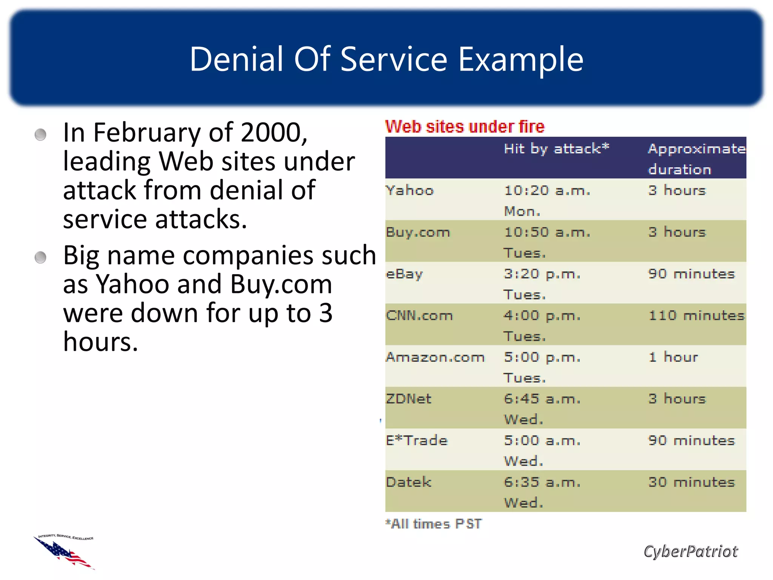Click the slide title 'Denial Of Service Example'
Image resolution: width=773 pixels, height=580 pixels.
pyautogui.click(x=386, y=59)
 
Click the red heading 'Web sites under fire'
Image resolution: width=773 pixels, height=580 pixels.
pyautogui.click(x=465, y=126)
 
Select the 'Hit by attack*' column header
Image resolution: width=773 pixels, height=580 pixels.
pyautogui.click(x=556, y=149)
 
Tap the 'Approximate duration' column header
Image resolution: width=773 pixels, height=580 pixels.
pyautogui.click(x=696, y=159)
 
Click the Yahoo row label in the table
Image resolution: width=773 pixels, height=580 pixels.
pyautogui.click(x=410, y=190)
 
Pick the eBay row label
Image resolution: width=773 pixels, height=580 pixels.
pyautogui.click(x=404, y=274)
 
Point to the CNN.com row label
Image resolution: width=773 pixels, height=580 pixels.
pyautogui.click(x=419, y=315)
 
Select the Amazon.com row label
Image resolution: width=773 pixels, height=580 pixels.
pyautogui.click(x=435, y=357)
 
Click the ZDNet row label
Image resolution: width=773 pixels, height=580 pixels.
pyautogui.click(x=408, y=399)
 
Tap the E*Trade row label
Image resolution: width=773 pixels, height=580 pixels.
pyautogui.click(x=417, y=441)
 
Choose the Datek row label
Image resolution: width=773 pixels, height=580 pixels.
pyautogui.click(x=408, y=482)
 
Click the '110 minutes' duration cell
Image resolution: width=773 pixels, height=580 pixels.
pyautogui.click(x=696, y=315)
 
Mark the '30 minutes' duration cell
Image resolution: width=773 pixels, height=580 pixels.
pyautogui.click(x=691, y=482)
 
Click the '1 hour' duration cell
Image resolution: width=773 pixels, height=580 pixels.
pyautogui.click(x=673, y=357)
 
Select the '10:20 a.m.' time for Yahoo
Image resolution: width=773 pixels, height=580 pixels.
pyautogui.click(x=547, y=190)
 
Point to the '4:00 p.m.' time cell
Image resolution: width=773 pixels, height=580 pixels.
pyautogui.click(x=542, y=315)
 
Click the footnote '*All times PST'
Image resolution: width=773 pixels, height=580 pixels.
pyautogui.click(x=433, y=524)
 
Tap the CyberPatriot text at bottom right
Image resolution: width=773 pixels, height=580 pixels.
pyautogui.click(x=690, y=552)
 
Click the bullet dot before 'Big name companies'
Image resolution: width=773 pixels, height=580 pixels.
pyautogui.click(x=40, y=258)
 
